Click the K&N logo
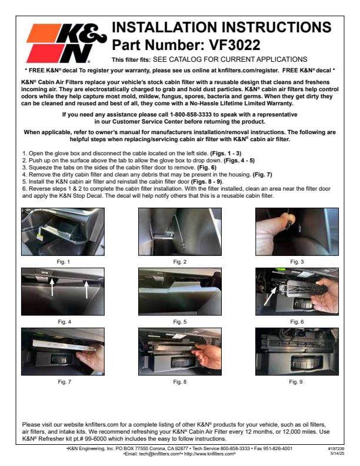[66, 44]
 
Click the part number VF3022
[235, 45]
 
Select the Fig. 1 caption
[63, 262]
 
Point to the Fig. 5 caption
[179, 322]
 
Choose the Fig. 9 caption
[296, 382]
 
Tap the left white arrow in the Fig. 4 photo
[52, 287]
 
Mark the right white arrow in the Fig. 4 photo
[86, 289]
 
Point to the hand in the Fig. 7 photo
[91, 358]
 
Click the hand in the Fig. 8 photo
[208, 355]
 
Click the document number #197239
[336, 449]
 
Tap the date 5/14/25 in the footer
[338, 454]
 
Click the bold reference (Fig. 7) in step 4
[262, 175]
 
